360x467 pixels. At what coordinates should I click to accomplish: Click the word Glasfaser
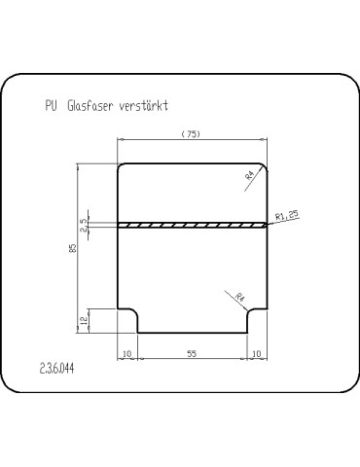tap(90, 106)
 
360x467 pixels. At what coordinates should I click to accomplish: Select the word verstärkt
tap(144, 106)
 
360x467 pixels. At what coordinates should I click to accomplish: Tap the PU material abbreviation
tap(51, 106)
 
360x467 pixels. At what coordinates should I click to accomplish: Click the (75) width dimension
tap(191, 134)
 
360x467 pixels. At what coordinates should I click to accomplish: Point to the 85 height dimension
tap(73, 248)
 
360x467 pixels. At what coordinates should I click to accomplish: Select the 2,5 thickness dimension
tap(84, 225)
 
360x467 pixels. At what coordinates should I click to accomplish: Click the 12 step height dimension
tap(85, 321)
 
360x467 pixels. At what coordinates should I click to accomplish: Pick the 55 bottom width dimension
tap(192, 353)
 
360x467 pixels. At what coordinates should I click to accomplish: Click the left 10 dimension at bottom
tap(127, 353)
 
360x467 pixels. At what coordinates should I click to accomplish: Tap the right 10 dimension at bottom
tap(256, 353)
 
